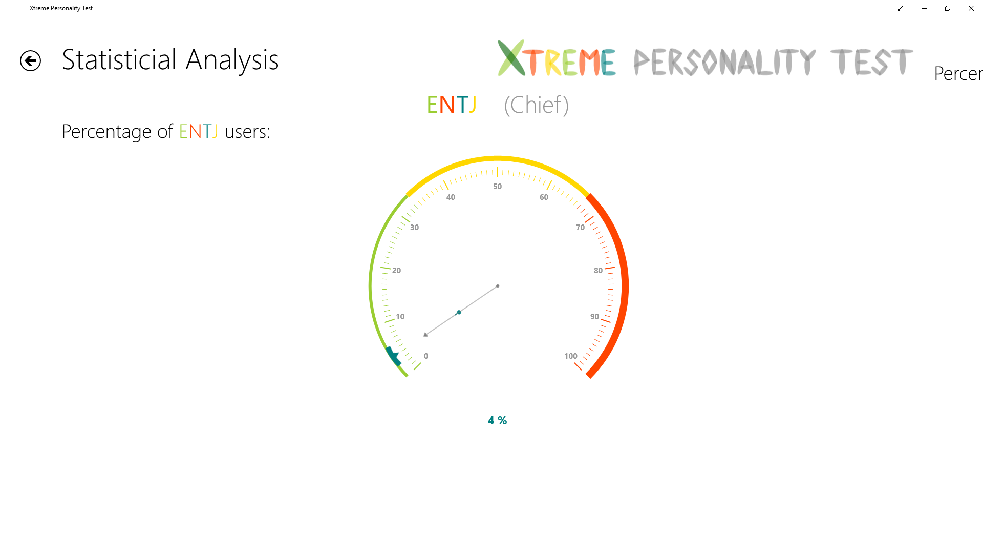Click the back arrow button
pos(30,61)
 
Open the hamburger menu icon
pos(12,8)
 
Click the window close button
pos(971,8)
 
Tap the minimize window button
pos(924,8)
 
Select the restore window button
pos(948,8)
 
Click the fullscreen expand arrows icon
pos(901,8)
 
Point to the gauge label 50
pos(497,187)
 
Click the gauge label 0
pos(426,356)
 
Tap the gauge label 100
pos(570,356)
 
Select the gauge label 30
pos(414,228)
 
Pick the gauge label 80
pos(598,271)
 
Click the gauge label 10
pos(400,317)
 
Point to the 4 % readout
pos(497,421)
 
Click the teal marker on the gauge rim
pos(393,356)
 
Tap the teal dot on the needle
pos(459,312)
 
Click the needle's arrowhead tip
pos(425,335)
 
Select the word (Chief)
pos(536,105)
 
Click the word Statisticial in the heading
pos(119,60)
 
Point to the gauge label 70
pos(580,228)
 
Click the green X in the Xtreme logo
pos(511,58)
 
